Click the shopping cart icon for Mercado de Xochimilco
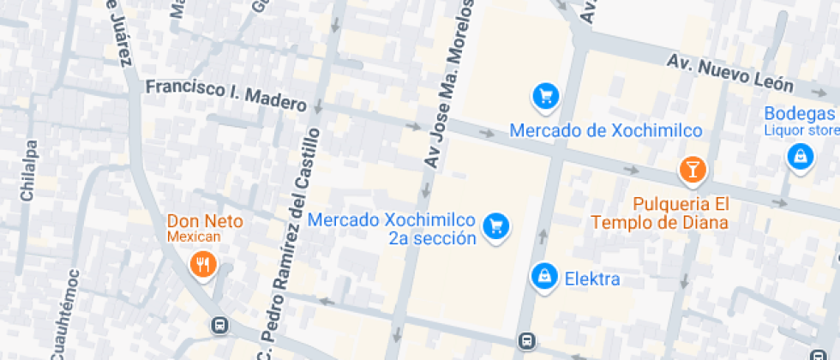tap(545, 97)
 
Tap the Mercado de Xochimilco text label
tap(606, 131)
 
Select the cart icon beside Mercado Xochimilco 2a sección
tap(495, 226)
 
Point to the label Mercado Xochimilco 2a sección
tap(391, 229)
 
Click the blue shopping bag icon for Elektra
tap(543, 275)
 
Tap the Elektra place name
tap(591, 279)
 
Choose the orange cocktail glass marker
tap(692, 169)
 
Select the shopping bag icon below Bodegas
tap(799, 157)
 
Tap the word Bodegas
tap(800, 114)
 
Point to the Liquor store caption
tap(801, 130)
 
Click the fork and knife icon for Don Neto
tap(202, 264)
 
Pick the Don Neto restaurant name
tap(205, 221)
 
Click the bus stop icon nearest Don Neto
tap(220, 326)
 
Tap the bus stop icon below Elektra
tap(526, 342)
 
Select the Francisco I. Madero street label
tap(225, 95)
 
